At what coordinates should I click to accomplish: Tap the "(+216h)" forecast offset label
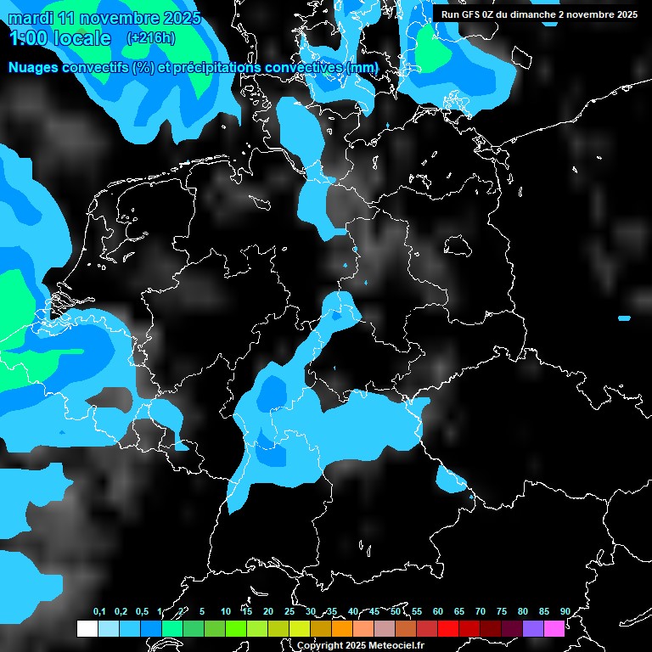pos(150,38)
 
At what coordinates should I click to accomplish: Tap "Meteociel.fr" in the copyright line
pos(394,646)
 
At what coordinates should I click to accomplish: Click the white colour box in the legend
pos(87,628)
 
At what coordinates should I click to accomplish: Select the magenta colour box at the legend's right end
pos(554,628)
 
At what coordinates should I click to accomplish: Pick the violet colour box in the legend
pos(532,628)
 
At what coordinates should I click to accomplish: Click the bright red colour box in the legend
pos(447,628)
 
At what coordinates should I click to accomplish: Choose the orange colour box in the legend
pos(341,628)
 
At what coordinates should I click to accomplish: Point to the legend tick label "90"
pos(565,612)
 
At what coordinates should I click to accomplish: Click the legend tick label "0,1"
pos(98,612)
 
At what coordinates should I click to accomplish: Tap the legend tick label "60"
pos(437,612)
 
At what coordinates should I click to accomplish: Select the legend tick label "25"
pos(289,612)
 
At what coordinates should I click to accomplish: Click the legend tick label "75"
pos(501,612)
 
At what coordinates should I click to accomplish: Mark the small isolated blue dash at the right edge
pos(624,318)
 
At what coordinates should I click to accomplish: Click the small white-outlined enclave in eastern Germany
pos(460,246)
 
